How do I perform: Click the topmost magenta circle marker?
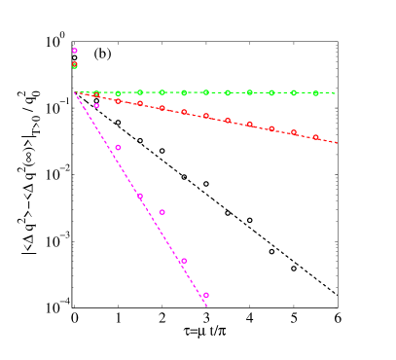pyautogui.click(x=75, y=51)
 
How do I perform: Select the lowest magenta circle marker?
pyautogui.click(x=206, y=295)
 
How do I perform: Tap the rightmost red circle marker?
pyautogui.click(x=316, y=137)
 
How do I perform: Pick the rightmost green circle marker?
pyautogui.click(x=316, y=93)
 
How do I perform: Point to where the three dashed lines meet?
pyautogui.click(x=75, y=92)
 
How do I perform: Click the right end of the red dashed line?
pyautogui.click(x=338, y=143)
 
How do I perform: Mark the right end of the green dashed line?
pyautogui.click(x=338, y=93)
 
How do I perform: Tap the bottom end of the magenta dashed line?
pyautogui.click(x=208, y=307)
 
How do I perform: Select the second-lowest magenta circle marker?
pyautogui.click(x=183, y=261)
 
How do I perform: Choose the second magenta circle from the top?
pyautogui.click(x=96, y=105)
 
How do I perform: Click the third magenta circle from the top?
pyautogui.click(x=118, y=147)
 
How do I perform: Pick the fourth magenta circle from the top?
pyautogui.click(x=140, y=196)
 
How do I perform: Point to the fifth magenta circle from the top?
pyautogui.click(x=162, y=212)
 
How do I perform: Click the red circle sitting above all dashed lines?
pyautogui.click(x=75, y=65)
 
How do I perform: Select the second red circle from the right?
pyautogui.click(x=294, y=132)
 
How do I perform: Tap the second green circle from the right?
pyautogui.click(x=294, y=92)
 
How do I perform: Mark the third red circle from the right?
pyautogui.click(x=271, y=128)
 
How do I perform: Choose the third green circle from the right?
pyautogui.click(x=271, y=92)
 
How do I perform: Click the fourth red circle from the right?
pyautogui.click(x=250, y=125)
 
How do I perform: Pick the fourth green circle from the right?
pyautogui.click(x=250, y=92)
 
